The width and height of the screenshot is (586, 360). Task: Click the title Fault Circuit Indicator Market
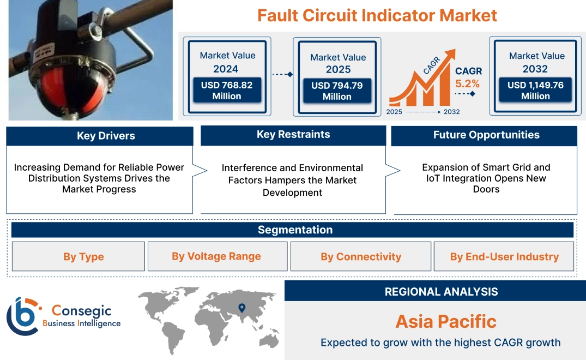(377, 15)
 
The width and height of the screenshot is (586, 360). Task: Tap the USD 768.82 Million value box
(226, 91)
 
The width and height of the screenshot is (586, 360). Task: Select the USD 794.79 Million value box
(337, 91)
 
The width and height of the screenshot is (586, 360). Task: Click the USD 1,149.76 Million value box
(535, 91)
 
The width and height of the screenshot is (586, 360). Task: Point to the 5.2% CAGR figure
(468, 83)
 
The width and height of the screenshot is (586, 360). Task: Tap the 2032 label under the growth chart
(451, 112)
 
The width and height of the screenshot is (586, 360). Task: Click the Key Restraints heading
(293, 135)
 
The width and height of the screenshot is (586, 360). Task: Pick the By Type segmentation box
(83, 257)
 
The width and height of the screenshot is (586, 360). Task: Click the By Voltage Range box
(216, 256)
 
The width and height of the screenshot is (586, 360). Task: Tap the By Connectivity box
(361, 257)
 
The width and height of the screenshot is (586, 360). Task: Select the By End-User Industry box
(504, 257)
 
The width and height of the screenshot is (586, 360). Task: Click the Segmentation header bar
(295, 230)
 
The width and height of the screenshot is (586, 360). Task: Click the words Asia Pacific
(446, 321)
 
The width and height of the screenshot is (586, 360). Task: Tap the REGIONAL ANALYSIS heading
(441, 292)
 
